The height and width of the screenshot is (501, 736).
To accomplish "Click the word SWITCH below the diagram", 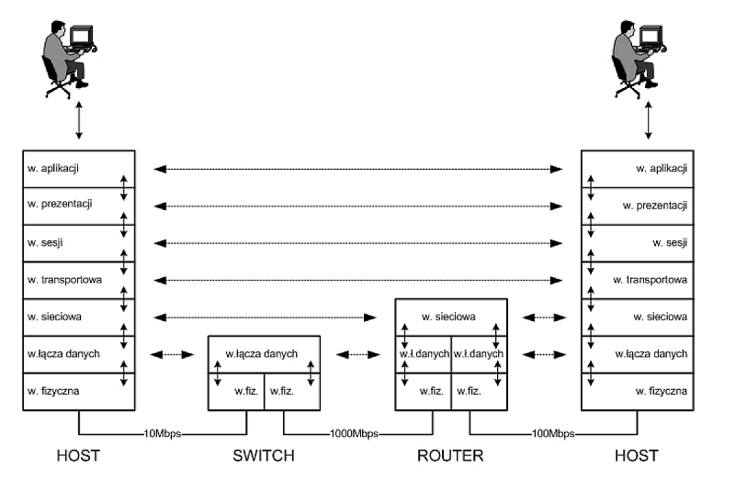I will [x=264, y=456].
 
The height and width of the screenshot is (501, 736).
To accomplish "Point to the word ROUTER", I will [x=450, y=456].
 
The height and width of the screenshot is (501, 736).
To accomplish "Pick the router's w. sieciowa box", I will [x=449, y=317].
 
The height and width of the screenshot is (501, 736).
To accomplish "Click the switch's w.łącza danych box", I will [x=264, y=354].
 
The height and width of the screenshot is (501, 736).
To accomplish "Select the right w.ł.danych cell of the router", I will [x=479, y=354].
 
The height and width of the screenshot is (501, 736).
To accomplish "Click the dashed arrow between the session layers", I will [x=358, y=243].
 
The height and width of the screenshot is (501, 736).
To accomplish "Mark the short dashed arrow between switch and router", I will [x=358, y=354].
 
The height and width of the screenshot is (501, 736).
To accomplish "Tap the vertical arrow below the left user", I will [x=79, y=119].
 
